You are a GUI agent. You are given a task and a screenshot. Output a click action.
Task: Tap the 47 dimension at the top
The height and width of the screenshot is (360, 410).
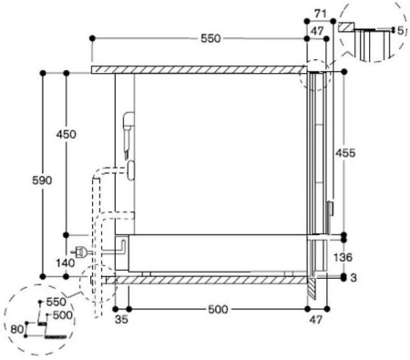[x=318, y=30]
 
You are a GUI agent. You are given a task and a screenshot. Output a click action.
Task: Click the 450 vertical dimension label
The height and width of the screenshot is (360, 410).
[x=66, y=135]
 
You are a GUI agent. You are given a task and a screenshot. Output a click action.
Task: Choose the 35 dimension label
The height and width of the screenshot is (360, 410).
[x=120, y=320]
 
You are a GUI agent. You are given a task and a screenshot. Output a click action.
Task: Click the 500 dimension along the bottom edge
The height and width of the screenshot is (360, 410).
[x=217, y=310]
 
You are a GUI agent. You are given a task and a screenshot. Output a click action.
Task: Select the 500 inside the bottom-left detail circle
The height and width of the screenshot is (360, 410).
[x=60, y=314]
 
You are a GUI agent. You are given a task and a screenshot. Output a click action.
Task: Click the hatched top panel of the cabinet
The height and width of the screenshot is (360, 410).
[x=200, y=69]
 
